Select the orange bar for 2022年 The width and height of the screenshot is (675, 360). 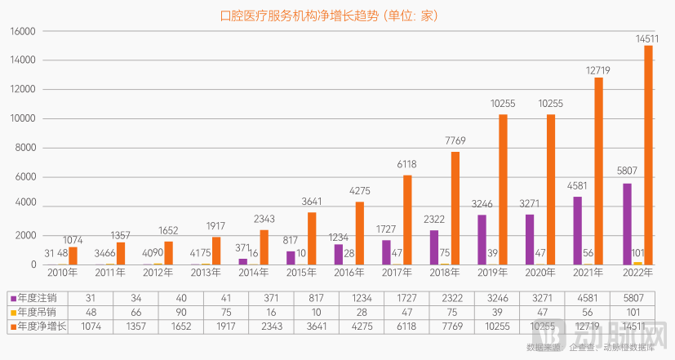tap(648, 154)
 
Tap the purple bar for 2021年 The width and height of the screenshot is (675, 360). tap(578, 230)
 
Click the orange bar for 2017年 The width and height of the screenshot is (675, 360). tap(407, 220)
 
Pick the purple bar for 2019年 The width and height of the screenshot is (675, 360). tap(482, 239)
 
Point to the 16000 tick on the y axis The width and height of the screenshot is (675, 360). tap(24, 31)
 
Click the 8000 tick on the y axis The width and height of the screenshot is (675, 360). tap(26, 148)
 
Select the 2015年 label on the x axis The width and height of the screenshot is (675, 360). tap(301, 272)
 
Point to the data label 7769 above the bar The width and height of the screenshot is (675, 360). tap(455, 141)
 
